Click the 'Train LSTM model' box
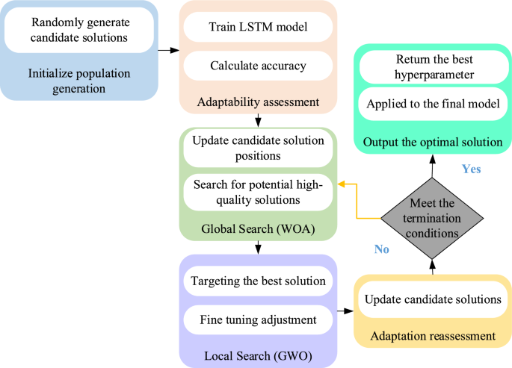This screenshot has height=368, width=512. tap(256, 30)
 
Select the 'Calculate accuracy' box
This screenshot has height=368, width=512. tap(256, 66)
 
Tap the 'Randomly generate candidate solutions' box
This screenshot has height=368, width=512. tap(79, 30)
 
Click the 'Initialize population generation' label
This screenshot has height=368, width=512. tap(79, 81)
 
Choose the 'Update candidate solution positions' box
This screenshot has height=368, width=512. tap(256, 148)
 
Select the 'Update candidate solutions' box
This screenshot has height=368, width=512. tap(432, 299)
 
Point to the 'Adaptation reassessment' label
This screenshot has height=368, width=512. tap(432, 337)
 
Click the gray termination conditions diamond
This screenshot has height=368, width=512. tap(432, 219)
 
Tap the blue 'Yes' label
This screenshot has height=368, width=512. tap(471, 169)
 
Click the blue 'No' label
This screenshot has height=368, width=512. tap(382, 249)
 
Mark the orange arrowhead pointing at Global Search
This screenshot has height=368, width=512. tap(341, 184)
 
